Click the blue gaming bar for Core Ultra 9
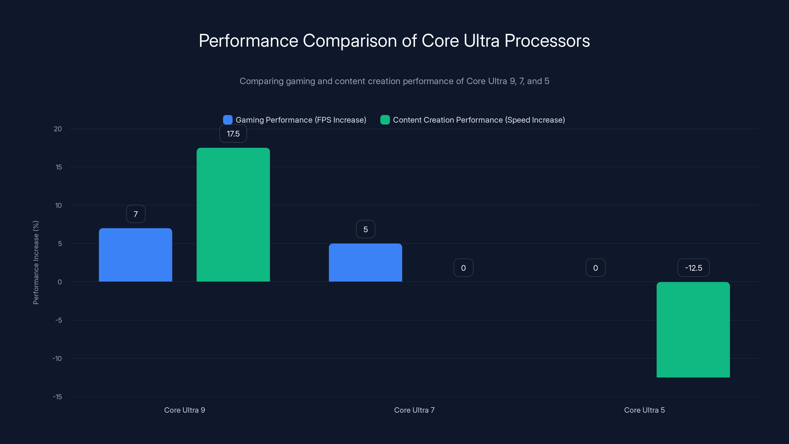pos(135,255)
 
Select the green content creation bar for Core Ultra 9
pos(233,215)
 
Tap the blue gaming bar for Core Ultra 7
pos(365,263)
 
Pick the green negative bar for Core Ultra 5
pos(693,330)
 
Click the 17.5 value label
pos(233,134)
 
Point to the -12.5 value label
pos(693,268)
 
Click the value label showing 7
pos(136,214)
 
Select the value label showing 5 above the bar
pos(365,229)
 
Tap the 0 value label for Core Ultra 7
pos(464,268)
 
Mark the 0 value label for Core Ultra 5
pos(595,268)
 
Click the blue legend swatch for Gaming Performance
pos(228,120)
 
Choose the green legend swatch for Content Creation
pos(385,120)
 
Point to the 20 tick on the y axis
pos(58,129)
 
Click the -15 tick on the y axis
pos(57,397)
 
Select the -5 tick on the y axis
pos(58,320)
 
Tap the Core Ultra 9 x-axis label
pos(184,410)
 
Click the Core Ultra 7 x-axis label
pos(414,410)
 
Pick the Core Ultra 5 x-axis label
pos(645,410)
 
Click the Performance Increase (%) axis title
pos(36,263)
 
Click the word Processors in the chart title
pos(547,41)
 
